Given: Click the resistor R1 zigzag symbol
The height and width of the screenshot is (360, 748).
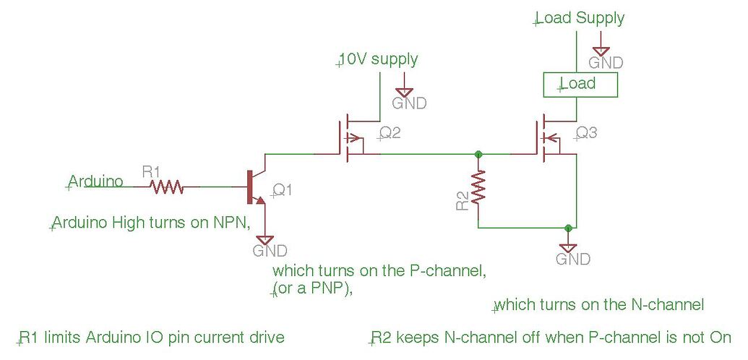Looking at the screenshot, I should click(166, 187).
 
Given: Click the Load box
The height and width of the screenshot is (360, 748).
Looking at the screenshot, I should click(580, 85).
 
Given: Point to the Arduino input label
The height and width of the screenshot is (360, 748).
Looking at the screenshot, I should click(95, 181).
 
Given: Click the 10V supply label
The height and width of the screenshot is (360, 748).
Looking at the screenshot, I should click(378, 59).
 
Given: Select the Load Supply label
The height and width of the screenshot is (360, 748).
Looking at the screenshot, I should click(580, 18).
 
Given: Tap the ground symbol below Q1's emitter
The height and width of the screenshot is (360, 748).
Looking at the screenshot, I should click(266, 239).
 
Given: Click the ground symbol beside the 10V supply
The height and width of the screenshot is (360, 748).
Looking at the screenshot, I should click(405, 92).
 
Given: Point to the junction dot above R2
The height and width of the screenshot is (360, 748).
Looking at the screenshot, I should click(478, 153).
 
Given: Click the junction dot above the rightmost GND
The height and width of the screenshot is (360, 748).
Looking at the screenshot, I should click(569, 228).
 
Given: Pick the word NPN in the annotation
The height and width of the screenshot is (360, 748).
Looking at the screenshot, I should click(231, 223).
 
